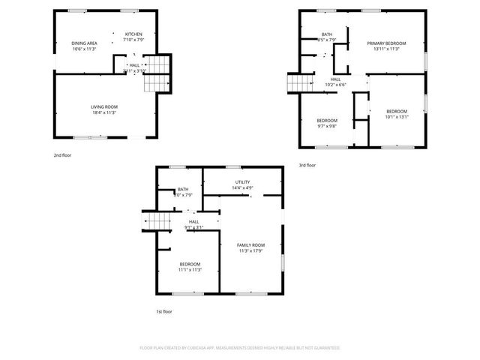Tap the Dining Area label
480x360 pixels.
pyautogui.click(x=85, y=43)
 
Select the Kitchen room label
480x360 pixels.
pyautogui.click(x=133, y=34)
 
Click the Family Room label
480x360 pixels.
pyautogui.click(x=251, y=245)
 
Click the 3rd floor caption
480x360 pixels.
pyautogui.click(x=307, y=165)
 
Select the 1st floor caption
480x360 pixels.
pyautogui.click(x=163, y=311)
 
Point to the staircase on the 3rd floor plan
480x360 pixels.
pyautogui.click(x=297, y=83)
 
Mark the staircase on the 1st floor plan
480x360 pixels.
pyautogui.click(x=156, y=222)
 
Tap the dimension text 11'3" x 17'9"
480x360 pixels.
pyautogui.click(x=251, y=252)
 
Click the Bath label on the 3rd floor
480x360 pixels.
pyautogui.click(x=327, y=34)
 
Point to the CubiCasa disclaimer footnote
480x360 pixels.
pyautogui.click(x=240, y=348)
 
